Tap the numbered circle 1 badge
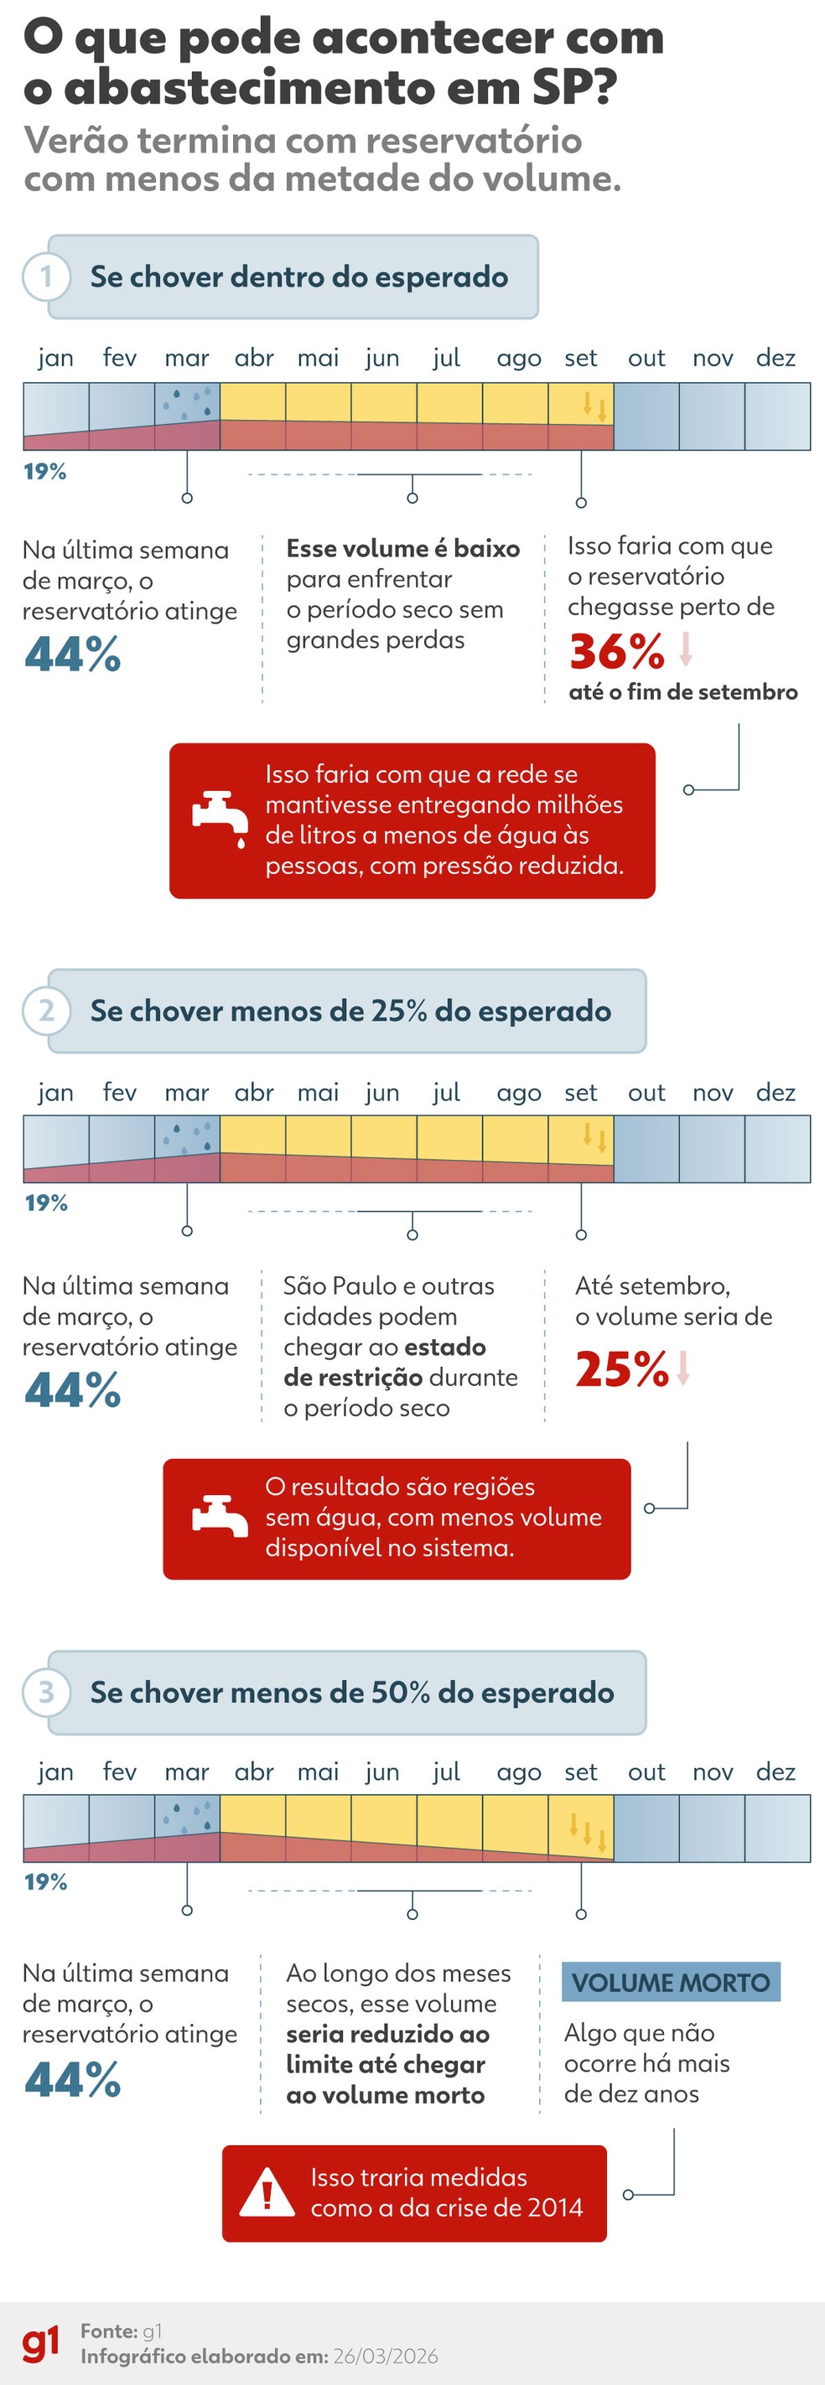tap(45, 277)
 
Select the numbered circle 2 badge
tap(45, 1010)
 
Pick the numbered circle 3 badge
tap(45, 1691)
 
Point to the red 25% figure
tap(621, 1368)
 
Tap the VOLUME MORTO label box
tap(671, 1982)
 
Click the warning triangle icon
tap(267, 2192)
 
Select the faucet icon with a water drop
tap(221, 819)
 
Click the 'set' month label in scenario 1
tap(580, 359)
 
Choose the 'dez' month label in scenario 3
tap(775, 1772)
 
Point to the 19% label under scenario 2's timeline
tap(45, 1203)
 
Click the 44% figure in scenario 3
tap(72, 2079)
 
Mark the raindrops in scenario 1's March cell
tap(188, 401)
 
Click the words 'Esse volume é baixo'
tap(402, 548)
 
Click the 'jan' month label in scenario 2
tap(55, 1093)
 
